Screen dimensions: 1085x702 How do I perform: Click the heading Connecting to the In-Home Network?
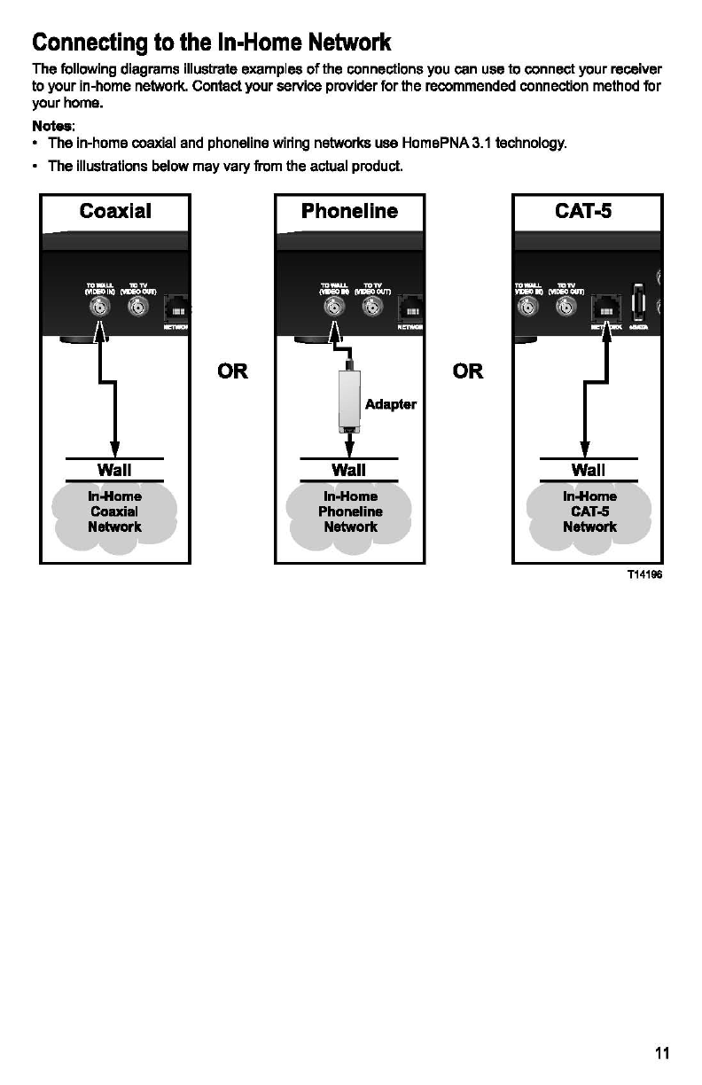211,43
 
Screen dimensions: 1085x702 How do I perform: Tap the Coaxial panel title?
115,211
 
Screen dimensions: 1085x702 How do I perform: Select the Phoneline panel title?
349,211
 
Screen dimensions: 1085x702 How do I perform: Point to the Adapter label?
390,404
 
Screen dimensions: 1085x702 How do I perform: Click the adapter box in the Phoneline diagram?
350,399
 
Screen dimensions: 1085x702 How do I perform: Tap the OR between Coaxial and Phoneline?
232,371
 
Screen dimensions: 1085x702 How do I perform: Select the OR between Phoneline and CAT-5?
468,371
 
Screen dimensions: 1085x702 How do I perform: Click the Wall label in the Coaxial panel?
114,470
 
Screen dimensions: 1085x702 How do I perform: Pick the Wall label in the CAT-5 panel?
589,470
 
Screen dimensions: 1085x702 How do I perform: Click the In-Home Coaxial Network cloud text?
114,511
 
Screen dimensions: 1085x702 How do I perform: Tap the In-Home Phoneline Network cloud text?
350,511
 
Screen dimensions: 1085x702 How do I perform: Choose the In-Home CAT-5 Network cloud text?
589,511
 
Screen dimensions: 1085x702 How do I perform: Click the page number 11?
662,1053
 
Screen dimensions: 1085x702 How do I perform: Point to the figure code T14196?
644,574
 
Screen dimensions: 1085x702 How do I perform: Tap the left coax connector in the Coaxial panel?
97,307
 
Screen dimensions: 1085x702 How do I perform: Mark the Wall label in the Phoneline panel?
349,470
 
